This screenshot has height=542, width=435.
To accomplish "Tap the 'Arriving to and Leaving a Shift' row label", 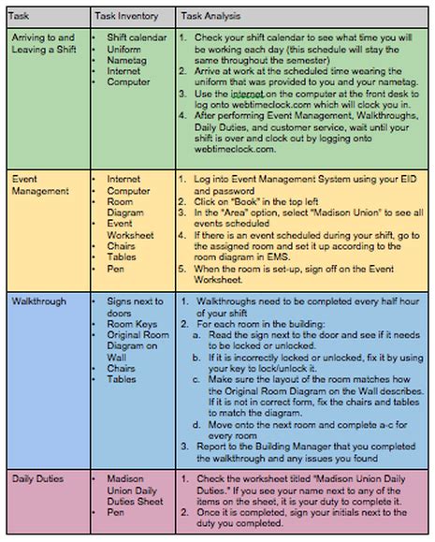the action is tap(46, 43).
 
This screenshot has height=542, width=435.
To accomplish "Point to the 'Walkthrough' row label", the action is tap(41, 302).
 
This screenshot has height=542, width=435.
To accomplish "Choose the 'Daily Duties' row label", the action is tap(37, 477).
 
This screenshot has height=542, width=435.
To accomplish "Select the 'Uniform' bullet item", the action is tap(123, 48).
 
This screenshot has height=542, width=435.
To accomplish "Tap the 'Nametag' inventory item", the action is tap(126, 59).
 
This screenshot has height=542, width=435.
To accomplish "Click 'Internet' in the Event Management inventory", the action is tap(123, 178).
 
